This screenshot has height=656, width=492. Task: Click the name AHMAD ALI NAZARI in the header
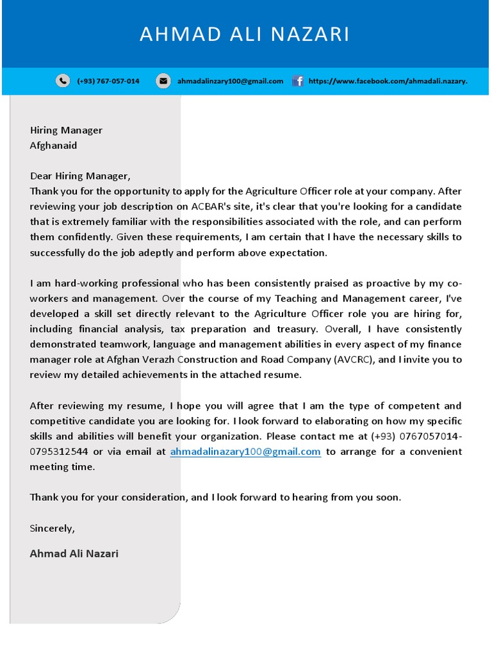click(245, 35)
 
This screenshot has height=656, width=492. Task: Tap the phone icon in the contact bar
click(63, 81)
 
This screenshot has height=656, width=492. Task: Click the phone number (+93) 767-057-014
click(108, 81)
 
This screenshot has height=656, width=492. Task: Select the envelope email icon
click(163, 81)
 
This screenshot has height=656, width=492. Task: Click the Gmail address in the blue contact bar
click(230, 81)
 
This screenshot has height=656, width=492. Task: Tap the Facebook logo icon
click(298, 81)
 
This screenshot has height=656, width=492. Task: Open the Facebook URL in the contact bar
click(388, 81)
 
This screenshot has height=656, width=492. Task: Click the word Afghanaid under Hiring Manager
click(53, 145)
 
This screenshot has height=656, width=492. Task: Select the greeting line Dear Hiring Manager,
click(80, 176)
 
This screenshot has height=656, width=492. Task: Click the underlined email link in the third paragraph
click(245, 452)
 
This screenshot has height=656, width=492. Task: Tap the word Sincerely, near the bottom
click(53, 529)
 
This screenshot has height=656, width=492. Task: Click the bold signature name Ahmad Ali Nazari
click(74, 553)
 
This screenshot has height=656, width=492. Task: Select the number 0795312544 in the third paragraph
click(59, 452)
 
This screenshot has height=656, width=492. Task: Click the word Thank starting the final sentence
click(44, 497)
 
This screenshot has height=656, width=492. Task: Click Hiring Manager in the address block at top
click(66, 130)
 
